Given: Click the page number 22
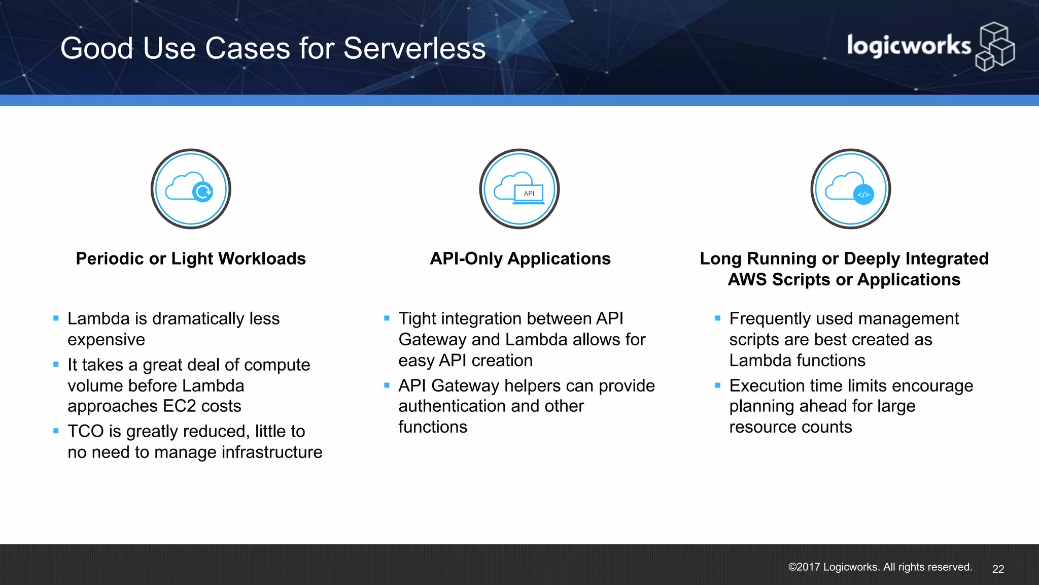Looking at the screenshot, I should [998, 569].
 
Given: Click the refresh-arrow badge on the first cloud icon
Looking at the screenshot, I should [203, 192].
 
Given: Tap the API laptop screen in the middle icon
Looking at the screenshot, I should [529, 193].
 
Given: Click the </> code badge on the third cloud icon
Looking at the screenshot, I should [863, 194].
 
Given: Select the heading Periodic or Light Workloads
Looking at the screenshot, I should [191, 258].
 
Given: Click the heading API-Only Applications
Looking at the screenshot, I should [520, 258].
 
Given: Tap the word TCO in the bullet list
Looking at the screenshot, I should [86, 432].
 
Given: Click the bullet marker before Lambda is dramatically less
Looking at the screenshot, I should [56, 318].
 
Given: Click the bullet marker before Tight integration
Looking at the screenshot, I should [387, 318].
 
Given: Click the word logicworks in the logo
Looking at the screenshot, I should [908, 46].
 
